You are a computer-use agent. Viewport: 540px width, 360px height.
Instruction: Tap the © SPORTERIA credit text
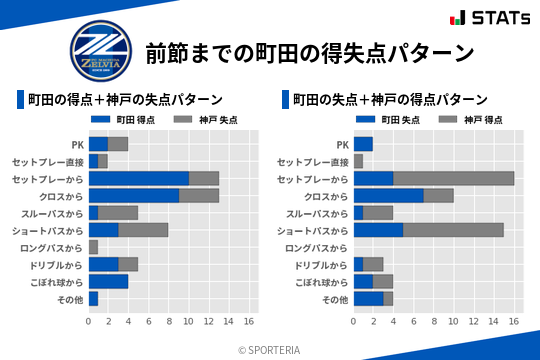click(270, 350)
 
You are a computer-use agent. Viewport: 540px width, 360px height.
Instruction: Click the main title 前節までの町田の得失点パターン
click(309, 51)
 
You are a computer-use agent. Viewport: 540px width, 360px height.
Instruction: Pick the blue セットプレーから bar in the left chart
click(139, 178)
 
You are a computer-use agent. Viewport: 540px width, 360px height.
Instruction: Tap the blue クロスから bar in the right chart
click(389, 195)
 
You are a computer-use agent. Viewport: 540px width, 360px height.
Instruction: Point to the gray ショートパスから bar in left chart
click(143, 230)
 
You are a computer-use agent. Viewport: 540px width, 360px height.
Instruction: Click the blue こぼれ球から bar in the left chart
click(108, 282)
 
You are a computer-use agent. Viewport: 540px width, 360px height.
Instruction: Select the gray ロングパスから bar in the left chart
click(93, 247)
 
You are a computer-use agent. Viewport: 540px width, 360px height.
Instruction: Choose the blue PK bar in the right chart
click(363, 143)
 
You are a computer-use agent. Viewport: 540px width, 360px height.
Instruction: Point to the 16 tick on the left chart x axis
click(249, 322)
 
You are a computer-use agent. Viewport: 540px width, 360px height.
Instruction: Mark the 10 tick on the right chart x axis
click(454, 322)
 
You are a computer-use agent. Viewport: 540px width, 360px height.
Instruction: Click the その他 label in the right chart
click(335, 300)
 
